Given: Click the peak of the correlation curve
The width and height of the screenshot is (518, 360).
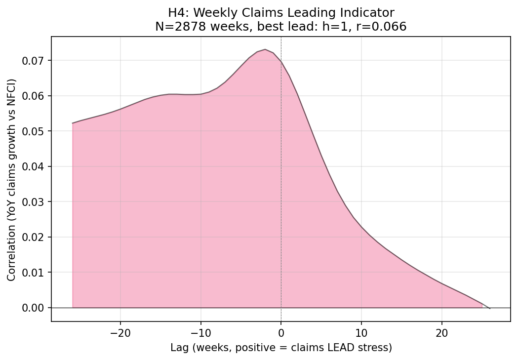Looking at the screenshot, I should click(x=265, y=49).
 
